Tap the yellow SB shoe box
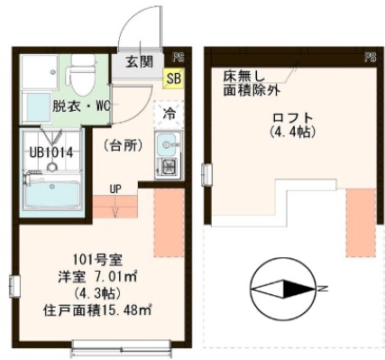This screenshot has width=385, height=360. point(171,78)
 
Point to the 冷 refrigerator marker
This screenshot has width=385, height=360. point(169,114)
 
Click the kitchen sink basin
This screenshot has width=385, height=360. point(168,144)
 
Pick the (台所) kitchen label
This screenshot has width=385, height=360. point(120,145)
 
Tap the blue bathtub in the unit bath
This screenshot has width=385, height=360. point(53,193)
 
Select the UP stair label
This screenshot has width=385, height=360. point(115,190)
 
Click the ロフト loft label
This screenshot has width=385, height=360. point(290,117)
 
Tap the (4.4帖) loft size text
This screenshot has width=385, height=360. point(290,133)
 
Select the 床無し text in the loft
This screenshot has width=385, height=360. point(242,77)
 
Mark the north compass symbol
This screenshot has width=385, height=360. point(281,289)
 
